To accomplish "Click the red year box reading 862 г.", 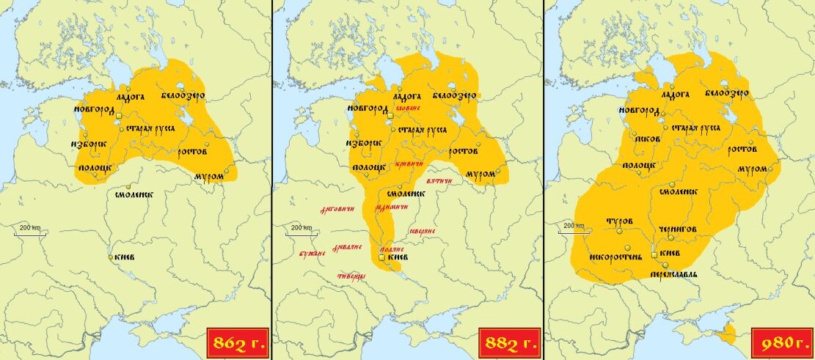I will pyautogui.click(x=237, y=342).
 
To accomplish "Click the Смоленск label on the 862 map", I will pyautogui.click(x=134, y=195).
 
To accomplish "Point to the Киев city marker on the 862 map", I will pyautogui.click(x=111, y=257).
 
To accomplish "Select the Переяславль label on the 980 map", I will pyautogui.click(x=673, y=274).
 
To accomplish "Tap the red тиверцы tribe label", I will pyautogui.click(x=351, y=276).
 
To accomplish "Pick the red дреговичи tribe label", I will pyautogui.click(x=337, y=210).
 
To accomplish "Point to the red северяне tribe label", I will pyautogui.click(x=423, y=231).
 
